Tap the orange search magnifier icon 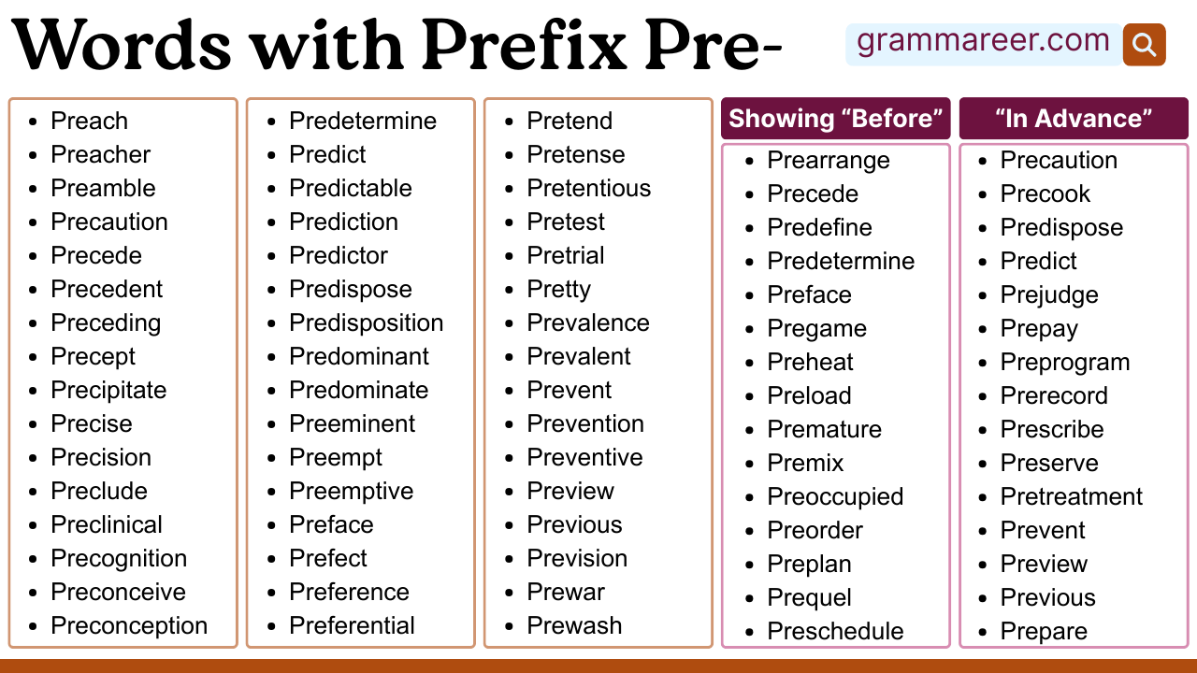click(x=1144, y=44)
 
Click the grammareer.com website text click(x=982, y=42)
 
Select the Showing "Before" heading click(x=835, y=119)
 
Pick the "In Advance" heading click(x=1073, y=119)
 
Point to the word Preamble click(x=103, y=188)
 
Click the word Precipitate click(x=108, y=390)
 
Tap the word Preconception click(x=129, y=625)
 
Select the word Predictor click(x=338, y=255)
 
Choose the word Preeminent click(x=352, y=423)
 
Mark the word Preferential click(x=352, y=625)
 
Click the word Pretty click(x=558, y=289)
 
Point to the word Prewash click(x=574, y=625)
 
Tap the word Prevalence click(x=587, y=322)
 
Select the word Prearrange click(x=829, y=160)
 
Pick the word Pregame click(x=816, y=328)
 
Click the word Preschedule click(x=835, y=631)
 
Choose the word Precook click(x=1046, y=193)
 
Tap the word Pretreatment click(x=1072, y=496)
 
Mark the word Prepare click(x=1044, y=631)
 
